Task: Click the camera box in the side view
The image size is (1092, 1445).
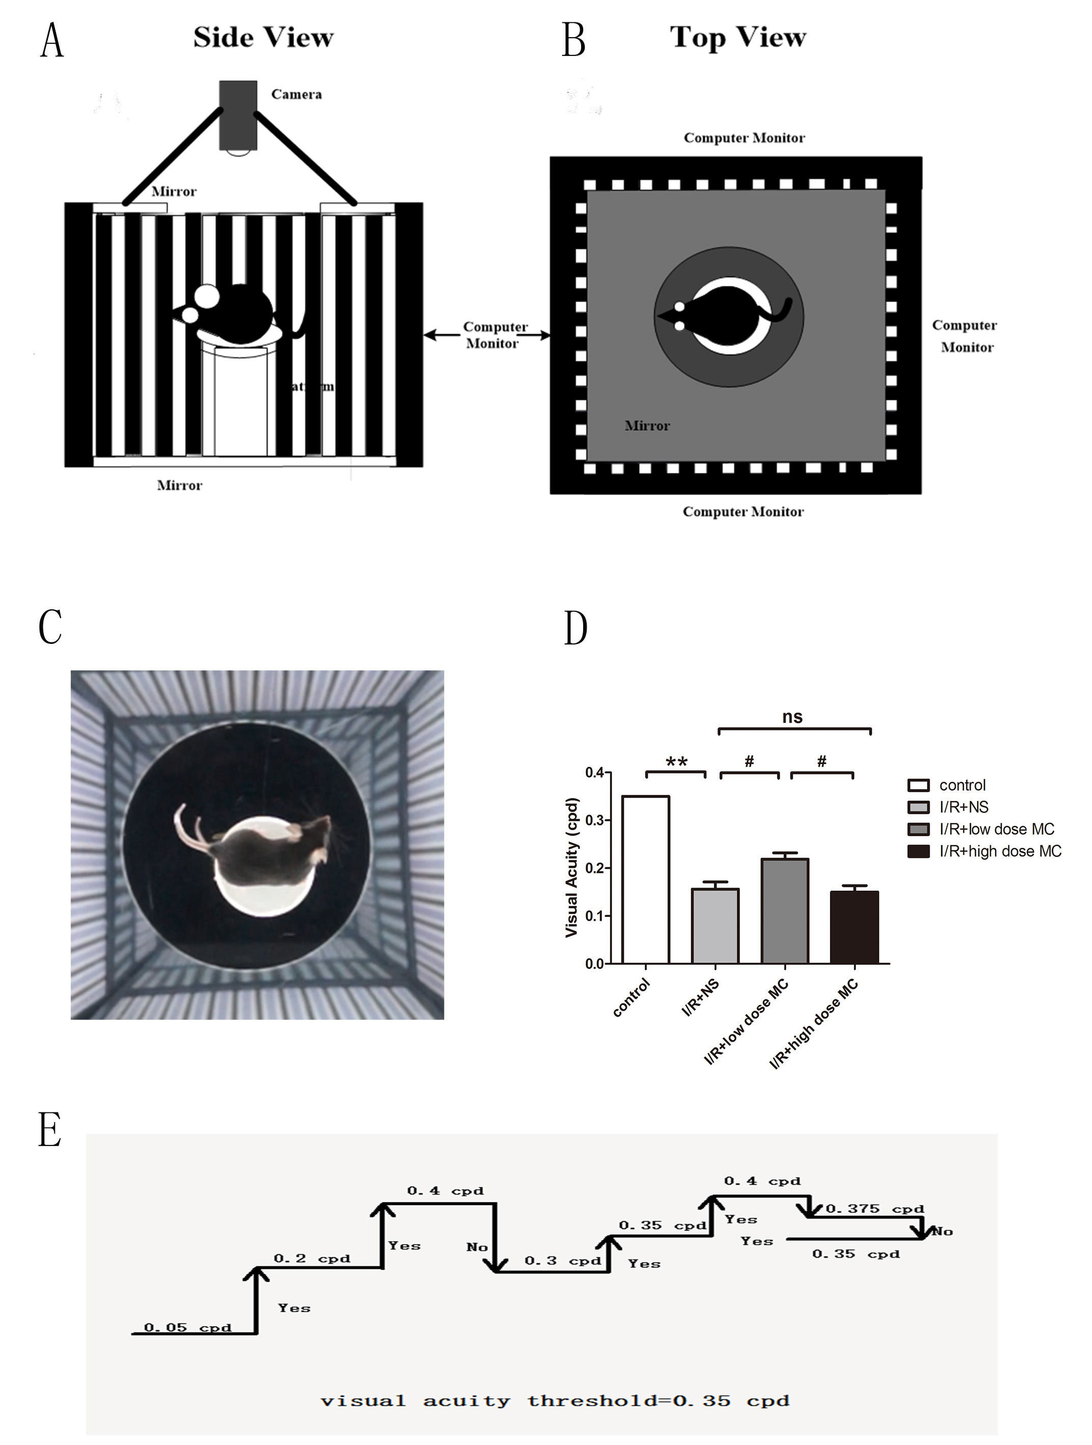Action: pos(238,115)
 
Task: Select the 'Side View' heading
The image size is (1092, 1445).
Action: pos(264,38)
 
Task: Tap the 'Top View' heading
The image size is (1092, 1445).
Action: pos(738,37)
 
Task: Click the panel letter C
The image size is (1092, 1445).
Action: pos(50,627)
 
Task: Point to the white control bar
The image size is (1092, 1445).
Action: pos(645,879)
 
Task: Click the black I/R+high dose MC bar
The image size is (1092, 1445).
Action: pos(854,927)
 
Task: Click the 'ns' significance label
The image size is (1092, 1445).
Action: pos(792,717)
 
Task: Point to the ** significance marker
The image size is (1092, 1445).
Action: pos(676,762)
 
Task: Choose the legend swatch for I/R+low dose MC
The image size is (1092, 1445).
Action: pos(918,829)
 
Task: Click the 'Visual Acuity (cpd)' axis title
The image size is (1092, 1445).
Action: pos(572,868)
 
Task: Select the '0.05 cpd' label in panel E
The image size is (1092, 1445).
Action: pos(188,1328)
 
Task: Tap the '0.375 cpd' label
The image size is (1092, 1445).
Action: pos(874,1209)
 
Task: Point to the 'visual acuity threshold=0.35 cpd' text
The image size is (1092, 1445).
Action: pos(555,1401)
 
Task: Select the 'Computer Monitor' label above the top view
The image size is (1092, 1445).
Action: pos(743,138)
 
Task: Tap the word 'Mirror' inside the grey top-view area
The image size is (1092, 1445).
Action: pos(647,426)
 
